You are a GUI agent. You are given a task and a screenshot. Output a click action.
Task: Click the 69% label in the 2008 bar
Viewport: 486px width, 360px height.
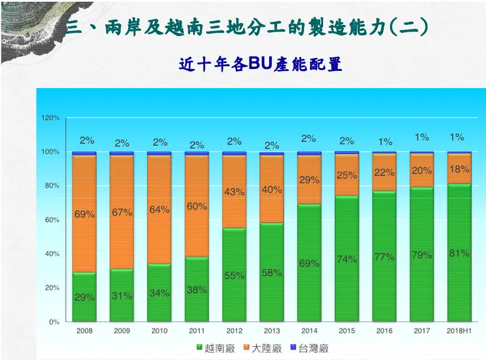click(x=85, y=214)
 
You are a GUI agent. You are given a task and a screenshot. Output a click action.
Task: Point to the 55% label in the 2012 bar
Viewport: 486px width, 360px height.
click(x=234, y=275)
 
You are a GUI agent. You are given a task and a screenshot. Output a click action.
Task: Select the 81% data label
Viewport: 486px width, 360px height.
click(x=459, y=253)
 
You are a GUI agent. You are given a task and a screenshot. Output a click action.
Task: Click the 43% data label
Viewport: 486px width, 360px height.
click(x=234, y=192)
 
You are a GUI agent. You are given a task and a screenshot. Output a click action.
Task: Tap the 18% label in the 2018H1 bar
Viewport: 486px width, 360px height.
click(x=459, y=169)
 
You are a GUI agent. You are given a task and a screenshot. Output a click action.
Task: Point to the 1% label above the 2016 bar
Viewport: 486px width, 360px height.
click(x=385, y=141)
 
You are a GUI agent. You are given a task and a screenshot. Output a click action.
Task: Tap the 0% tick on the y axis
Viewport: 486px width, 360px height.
click(x=55, y=322)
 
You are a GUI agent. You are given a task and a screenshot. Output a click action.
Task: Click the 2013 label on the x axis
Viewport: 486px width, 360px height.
click(x=272, y=331)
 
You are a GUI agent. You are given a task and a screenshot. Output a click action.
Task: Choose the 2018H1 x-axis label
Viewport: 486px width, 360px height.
click(x=459, y=331)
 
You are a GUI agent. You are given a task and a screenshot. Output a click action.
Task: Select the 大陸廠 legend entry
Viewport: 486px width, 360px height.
click(x=265, y=348)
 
